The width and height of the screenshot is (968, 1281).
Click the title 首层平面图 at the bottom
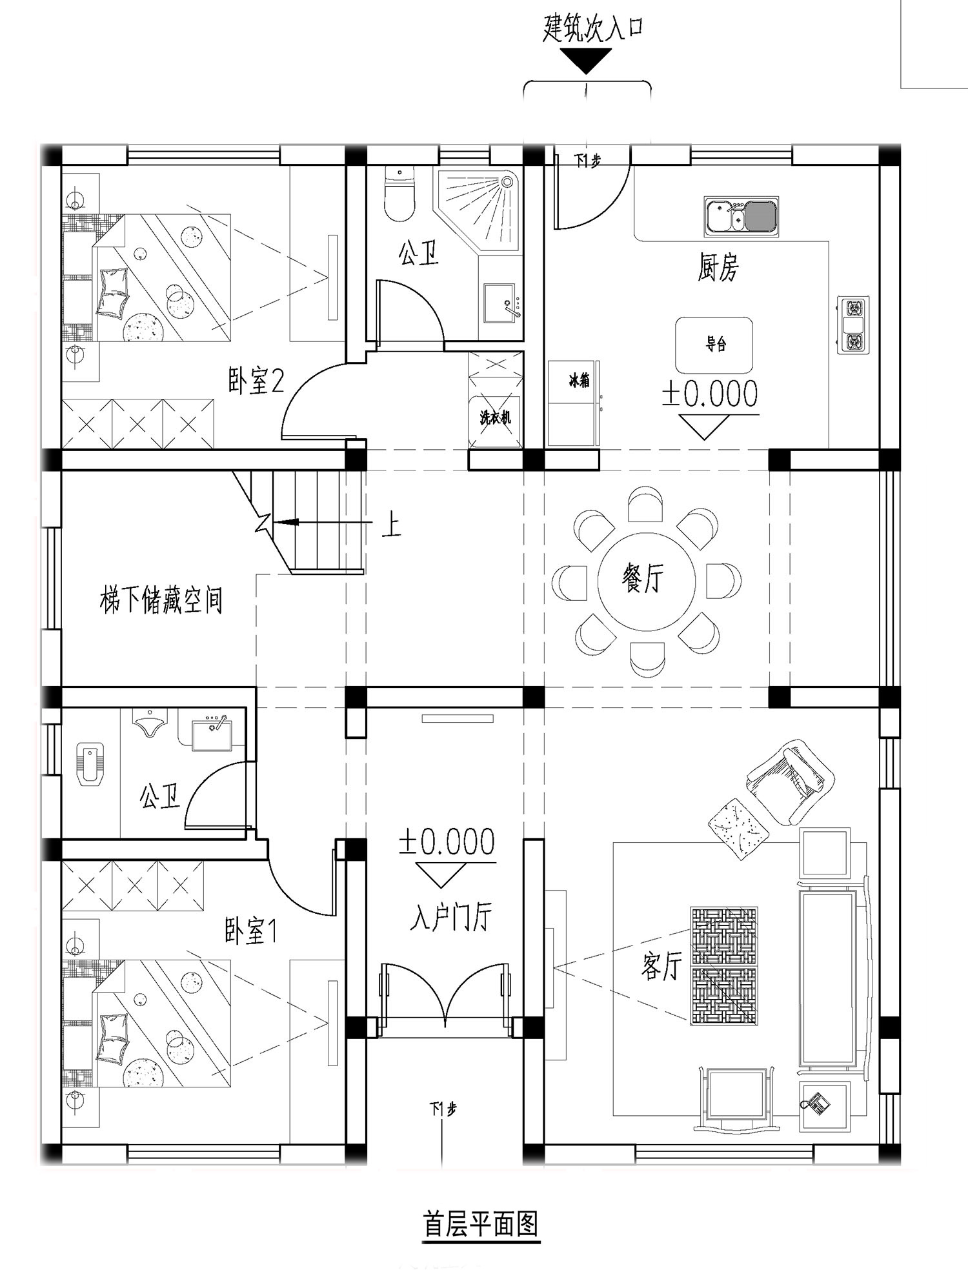481,1223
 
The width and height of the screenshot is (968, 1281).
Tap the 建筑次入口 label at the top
593,30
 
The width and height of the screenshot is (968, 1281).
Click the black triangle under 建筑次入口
585,61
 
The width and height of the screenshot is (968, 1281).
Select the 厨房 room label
718,267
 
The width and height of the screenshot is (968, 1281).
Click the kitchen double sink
741,216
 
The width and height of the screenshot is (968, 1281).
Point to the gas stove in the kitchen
853,325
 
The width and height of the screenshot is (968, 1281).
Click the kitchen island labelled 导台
714,345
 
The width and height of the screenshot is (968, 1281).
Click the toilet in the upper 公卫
399,194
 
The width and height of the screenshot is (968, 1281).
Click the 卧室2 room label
256,381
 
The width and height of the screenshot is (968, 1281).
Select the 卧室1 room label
251,932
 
